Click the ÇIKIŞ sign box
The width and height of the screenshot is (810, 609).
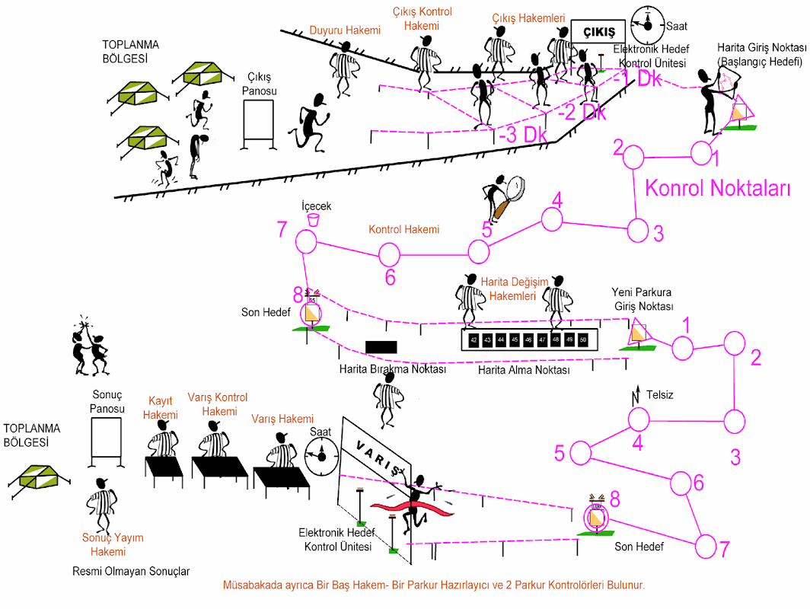click(x=598, y=31)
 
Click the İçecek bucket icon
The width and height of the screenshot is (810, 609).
click(x=312, y=219)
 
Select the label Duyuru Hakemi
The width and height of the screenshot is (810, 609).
click(x=344, y=31)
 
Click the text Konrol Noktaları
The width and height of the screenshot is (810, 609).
click(x=718, y=189)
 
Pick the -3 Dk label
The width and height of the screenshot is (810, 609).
click(x=524, y=134)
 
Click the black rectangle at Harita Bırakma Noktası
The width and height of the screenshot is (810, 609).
click(x=381, y=346)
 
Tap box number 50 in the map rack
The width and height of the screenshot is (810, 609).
click(x=583, y=340)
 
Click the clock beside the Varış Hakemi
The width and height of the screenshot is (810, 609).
click(x=321, y=455)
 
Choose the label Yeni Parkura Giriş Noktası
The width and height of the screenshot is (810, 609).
click(x=643, y=300)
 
